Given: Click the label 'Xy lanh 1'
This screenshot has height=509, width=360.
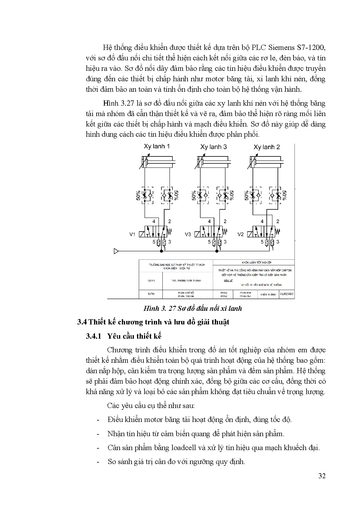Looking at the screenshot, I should (x=157, y=147).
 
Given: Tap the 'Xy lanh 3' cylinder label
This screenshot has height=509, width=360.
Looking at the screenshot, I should (x=213, y=147).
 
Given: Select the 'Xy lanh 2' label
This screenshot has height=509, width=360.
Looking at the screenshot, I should (x=267, y=147).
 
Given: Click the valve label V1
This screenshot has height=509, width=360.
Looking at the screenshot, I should (x=132, y=234).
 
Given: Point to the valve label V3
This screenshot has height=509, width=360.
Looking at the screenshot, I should (x=188, y=234).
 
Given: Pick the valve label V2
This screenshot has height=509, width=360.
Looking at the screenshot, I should (x=241, y=234).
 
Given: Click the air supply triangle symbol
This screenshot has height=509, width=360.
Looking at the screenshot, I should (x=116, y=251).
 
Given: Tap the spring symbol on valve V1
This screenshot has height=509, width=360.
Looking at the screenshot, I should (x=170, y=232).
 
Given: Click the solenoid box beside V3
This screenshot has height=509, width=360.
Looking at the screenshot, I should (x=197, y=234).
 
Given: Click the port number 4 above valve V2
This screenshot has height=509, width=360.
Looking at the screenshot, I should (x=262, y=221).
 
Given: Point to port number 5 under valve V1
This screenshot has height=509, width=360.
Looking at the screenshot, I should (x=154, y=242).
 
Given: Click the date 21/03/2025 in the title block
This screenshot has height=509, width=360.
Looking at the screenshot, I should (x=287, y=294).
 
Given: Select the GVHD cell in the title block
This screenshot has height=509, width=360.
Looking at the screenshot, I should (x=151, y=281).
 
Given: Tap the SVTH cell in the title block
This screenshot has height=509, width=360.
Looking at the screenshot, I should (x=151, y=294).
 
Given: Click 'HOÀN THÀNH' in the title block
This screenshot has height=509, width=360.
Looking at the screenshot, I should (x=268, y=294).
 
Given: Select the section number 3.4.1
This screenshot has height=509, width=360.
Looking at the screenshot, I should (x=93, y=336).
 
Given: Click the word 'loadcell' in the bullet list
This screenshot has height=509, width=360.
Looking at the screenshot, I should (x=184, y=447).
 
